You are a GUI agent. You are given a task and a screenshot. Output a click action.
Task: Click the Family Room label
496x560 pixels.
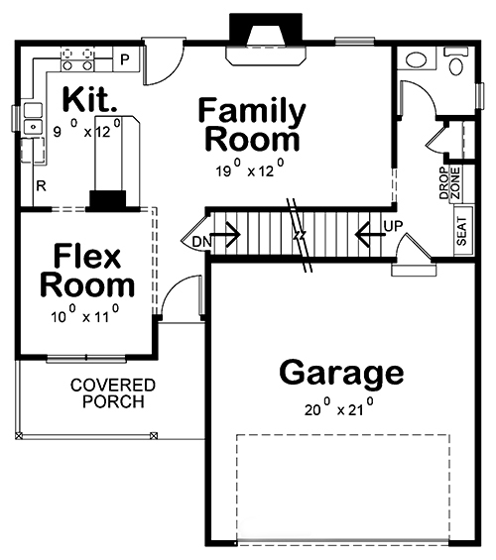251,124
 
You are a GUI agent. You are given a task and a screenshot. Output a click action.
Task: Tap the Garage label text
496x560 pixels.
341,374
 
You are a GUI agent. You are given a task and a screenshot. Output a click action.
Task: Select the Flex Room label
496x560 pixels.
87,270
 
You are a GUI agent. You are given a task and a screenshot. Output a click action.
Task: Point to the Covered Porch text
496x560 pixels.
112,392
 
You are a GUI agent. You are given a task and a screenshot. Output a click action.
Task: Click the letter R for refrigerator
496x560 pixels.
42,185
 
